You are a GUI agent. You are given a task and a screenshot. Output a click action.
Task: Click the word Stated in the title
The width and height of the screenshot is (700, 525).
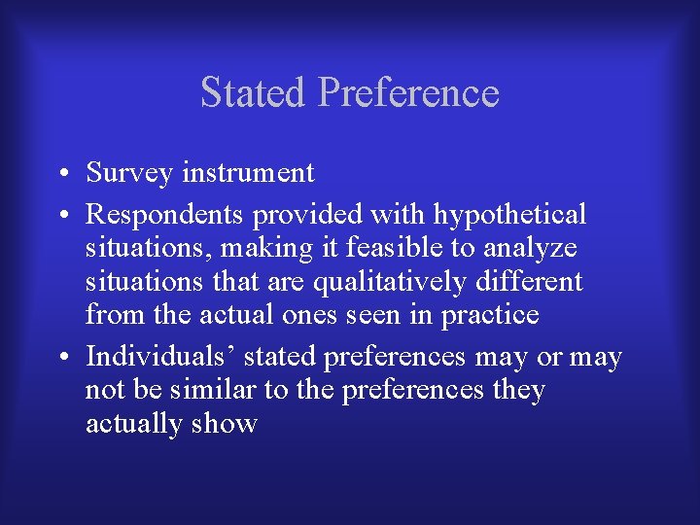click(x=254, y=92)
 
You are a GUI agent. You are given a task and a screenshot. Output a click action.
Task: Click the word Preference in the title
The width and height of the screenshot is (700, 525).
click(x=408, y=92)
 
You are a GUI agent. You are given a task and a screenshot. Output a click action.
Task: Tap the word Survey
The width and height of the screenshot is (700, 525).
click(x=128, y=173)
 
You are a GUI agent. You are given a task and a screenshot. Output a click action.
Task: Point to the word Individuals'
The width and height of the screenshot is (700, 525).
click(x=160, y=357)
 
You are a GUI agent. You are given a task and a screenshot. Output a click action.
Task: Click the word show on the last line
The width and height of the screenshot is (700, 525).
click(x=226, y=424)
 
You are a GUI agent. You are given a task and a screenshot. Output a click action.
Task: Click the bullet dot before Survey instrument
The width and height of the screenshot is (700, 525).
click(x=61, y=175)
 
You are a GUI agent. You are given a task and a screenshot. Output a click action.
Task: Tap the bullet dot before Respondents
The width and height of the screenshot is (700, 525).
click(x=61, y=216)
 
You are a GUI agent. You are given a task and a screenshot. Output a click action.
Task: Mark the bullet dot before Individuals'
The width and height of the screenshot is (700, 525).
click(x=61, y=359)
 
